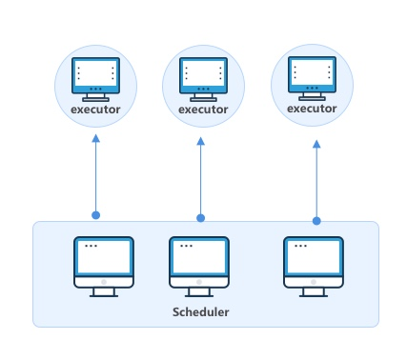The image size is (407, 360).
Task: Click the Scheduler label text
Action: (x=200, y=312)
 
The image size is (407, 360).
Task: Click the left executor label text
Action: (x=95, y=110)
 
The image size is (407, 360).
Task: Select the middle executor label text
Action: (x=203, y=110)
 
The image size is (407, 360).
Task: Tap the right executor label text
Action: (x=312, y=109)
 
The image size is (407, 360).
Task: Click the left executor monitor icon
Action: (x=95, y=79)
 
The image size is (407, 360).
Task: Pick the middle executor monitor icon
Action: (x=203, y=79)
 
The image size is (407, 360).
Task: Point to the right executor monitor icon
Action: (x=312, y=78)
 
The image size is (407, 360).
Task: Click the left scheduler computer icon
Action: (x=104, y=267)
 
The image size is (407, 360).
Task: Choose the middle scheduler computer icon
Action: (x=199, y=267)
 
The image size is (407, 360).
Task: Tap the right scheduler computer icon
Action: (x=314, y=267)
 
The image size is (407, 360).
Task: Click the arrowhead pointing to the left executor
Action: (x=95, y=138)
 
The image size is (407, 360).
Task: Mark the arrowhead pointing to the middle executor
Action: (x=200, y=141)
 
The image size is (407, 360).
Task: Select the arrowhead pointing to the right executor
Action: (x=316, y=144)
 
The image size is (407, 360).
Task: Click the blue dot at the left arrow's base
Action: (x=95, y=215)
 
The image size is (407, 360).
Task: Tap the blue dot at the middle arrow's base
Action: (x=200, y=218)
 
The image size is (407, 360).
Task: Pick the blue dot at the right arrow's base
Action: (x=316, y=221)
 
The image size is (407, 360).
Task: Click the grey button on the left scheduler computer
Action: (x=104, y=282)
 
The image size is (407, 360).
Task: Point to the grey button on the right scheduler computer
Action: (x=314, y=282)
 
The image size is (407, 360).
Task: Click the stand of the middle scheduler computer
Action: (x=199, y=292)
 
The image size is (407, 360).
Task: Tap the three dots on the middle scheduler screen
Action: (x=186, y=246)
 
